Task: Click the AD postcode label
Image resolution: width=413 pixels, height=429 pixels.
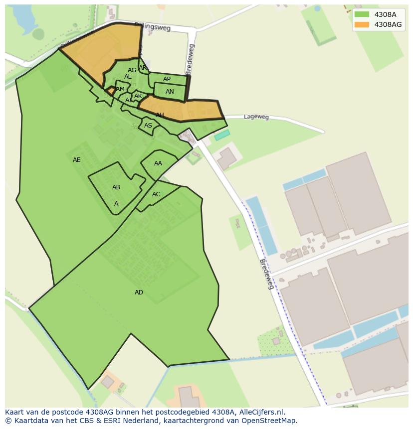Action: point(139,292)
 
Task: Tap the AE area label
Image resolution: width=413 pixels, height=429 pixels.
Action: point(76,160)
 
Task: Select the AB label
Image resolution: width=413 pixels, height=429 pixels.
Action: point(116,187)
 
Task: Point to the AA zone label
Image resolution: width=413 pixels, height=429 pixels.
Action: point(158,163)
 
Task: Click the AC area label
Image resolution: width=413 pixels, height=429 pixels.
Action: point(156,194)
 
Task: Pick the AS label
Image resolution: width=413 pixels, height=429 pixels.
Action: point(148,126)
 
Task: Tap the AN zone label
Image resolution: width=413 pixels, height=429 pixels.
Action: point(170,92)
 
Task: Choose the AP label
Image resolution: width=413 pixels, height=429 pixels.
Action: point(167,79)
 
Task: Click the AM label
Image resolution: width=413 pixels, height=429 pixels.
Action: point(120,89)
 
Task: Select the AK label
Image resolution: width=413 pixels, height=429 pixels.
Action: point(138,96)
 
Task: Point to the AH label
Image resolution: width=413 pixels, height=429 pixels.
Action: point(160,115)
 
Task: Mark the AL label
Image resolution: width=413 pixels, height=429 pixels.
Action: point(128,77)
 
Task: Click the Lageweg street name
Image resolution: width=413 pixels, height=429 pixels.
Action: point(256,117)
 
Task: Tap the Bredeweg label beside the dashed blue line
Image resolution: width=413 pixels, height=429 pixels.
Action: point(267,274)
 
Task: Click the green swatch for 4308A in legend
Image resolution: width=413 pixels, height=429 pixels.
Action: point(362,14)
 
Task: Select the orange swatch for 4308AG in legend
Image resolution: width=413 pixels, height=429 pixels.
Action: point(362,24)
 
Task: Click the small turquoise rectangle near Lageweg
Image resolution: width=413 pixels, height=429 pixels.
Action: point(222,135)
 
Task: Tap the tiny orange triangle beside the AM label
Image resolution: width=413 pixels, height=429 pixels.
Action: point(110,91)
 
